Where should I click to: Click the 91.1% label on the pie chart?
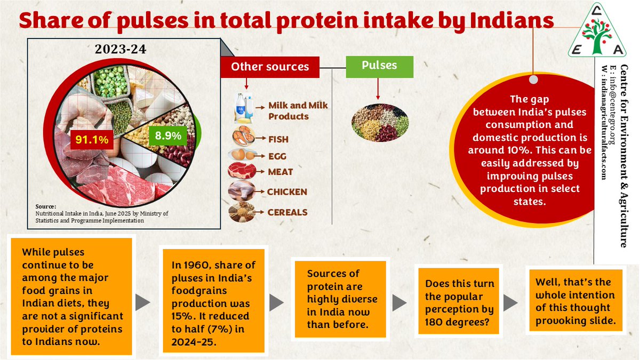click(91, 140)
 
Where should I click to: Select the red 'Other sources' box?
click(270, 67)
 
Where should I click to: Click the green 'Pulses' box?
click(379, 66)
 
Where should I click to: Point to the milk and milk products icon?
click(243, 108)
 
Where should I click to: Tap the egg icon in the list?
click(243, 155)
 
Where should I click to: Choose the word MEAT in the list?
click(281, 172)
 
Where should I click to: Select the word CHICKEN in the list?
click(287, 192)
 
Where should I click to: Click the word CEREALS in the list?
click(288, 212)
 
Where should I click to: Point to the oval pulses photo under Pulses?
click(380, 122)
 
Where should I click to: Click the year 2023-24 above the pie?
click(121, 50)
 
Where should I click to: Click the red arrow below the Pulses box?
click(378, 89)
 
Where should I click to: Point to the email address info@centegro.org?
click(614, 105)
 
